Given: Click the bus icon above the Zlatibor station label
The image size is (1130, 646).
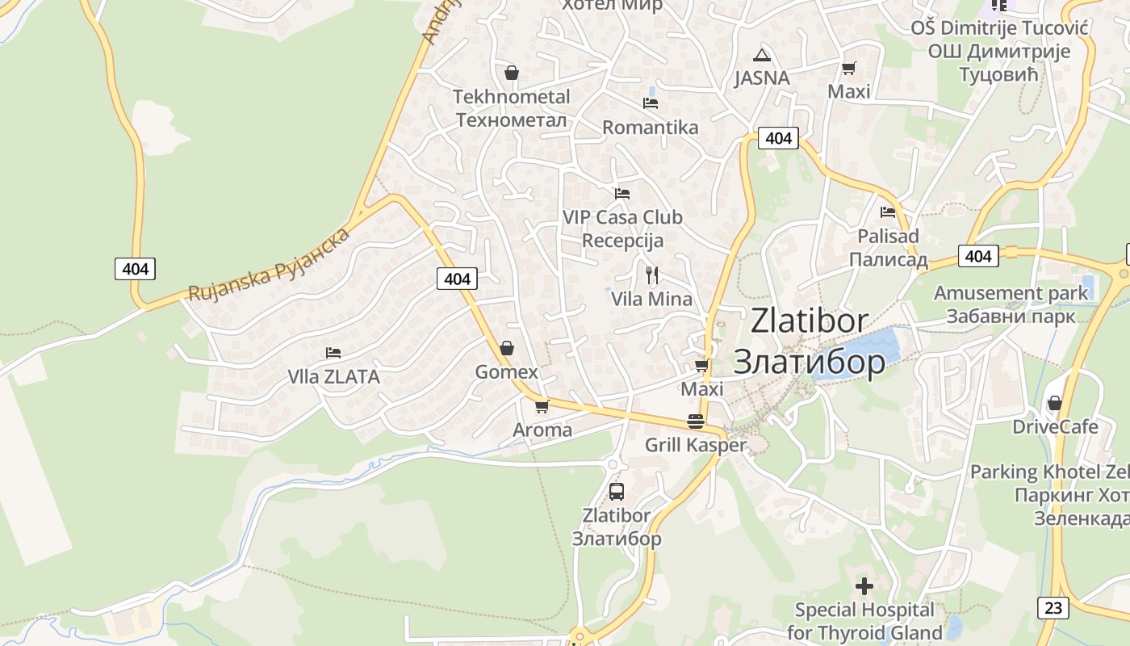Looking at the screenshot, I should [x=617, y=491].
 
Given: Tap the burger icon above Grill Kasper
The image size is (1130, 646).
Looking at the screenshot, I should [x=696, y=421].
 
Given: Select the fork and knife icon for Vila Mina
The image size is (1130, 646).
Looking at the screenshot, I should [x=652, y=275].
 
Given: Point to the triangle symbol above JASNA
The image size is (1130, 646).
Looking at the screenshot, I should [x=761, y=55].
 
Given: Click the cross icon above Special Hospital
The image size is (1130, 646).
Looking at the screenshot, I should [x=864, y=585].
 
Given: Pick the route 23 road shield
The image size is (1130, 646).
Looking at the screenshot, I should [x=1053, y=607].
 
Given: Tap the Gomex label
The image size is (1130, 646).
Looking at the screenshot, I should [x=506, y=372].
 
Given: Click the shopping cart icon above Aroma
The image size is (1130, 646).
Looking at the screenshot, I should [x=542, y=406].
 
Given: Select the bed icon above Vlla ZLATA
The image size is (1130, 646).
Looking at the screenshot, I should [x=333, y=353].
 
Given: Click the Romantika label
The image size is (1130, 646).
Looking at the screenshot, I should [x=650, y=128].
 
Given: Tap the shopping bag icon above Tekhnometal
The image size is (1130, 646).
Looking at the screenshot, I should [x=511, y=73].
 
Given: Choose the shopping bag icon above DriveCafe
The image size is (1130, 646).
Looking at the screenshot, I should [x=1054, y=403].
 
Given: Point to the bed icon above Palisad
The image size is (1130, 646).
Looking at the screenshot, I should [x=888, y=212].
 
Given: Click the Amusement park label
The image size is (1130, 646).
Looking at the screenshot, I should [x=1011, y=293].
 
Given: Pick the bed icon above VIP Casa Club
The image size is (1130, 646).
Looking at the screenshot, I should [x=621, y=194].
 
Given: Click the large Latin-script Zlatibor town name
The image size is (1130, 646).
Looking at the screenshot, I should [x=810, y=321].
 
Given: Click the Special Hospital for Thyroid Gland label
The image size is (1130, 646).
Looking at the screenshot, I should [x=864, y=621].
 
